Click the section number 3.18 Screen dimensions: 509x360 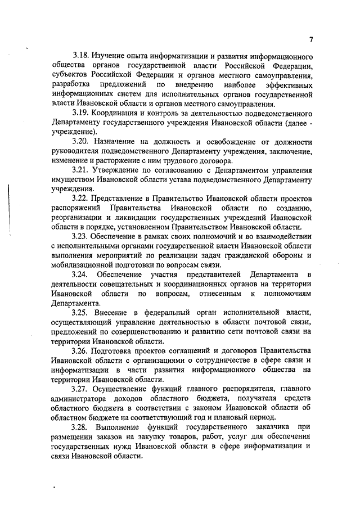point(82,57)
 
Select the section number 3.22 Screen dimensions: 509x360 point(82,198)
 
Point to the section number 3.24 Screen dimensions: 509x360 point(83,274)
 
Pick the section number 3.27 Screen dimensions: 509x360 point(82,388)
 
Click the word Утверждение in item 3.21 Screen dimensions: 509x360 point(120,170)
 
